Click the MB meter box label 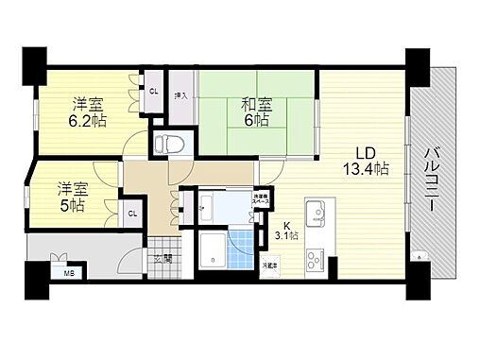click(68, 275)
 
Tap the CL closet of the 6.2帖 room click(153, 91)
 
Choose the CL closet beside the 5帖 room click(132, 214)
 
